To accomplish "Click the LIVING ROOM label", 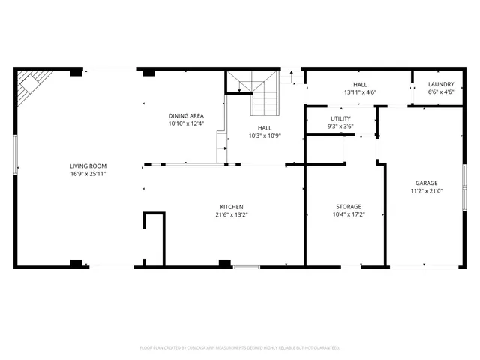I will pyautogui.click(x=88, y=166).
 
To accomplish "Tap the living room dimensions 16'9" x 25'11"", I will pyautogui.click(x=88, y=174).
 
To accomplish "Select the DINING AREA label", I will pyautogui.click(x=186, y=116).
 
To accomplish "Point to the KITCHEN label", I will pyautogui.click(x=231, y=207).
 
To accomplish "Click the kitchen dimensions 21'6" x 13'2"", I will pyautogui.click(x=231, y=214).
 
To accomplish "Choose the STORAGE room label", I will pyautogui.click(x=348, y=206).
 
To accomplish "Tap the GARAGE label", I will pyautogui.click(x=427, y=183).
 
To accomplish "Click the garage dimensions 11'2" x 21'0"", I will pyautogui.click(x=427, y=190).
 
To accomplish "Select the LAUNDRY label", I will pyautogui.click(x=440, y=84).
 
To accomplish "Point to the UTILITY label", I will pyautogui.click(x=341, y=119).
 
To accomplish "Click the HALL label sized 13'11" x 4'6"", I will pyautogui.click(x=359, y=84).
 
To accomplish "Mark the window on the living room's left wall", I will pyautogui.click(x=15, y=154).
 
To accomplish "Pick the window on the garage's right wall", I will pyautogui.click(x=464, y=184).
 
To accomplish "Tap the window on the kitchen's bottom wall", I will pyautogui.click(x=246, y=266).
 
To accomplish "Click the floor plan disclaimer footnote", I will pyautogui.click(x=240, y=347).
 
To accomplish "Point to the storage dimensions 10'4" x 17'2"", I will pyautogui.click(x=348, y=214).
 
